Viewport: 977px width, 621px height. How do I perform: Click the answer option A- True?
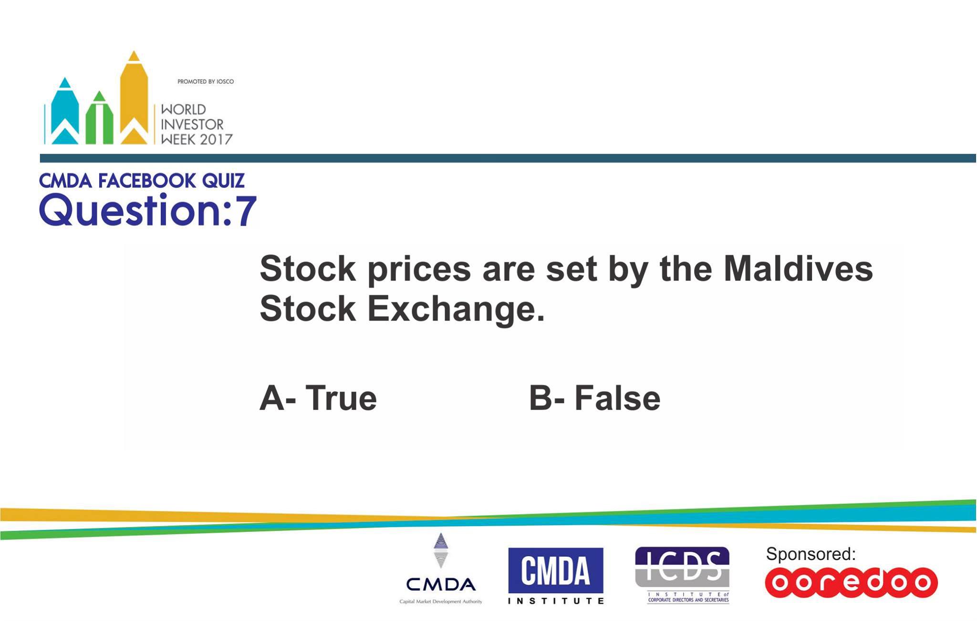318,398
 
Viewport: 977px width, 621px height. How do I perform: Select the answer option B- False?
595,398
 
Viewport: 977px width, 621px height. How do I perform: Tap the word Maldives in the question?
798,269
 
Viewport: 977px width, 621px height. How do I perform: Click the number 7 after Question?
246,210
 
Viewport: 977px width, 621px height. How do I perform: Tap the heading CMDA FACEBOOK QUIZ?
142,181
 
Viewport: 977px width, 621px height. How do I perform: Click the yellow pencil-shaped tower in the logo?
134,97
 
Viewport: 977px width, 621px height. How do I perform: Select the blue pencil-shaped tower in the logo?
65,111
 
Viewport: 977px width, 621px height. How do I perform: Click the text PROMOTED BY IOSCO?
206,82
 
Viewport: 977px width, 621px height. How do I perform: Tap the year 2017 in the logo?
216,140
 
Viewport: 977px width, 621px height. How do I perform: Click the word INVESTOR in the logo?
192,124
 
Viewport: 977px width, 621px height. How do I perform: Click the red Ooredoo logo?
851,582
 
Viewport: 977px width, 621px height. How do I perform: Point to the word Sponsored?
811,554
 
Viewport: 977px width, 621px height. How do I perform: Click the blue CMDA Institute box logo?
556,570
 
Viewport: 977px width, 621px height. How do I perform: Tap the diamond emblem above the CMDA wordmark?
441,550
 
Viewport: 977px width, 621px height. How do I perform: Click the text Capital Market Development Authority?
441,602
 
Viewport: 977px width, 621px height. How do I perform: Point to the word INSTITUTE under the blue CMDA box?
556,601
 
